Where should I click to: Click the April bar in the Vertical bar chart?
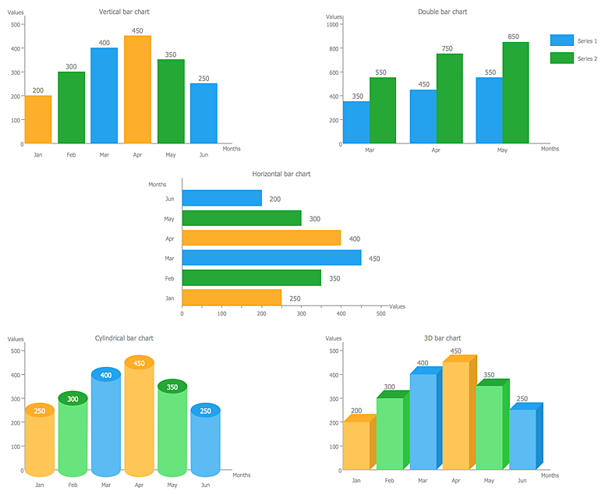[x=137, y=90]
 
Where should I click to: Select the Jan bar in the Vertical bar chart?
[x=38, y=120]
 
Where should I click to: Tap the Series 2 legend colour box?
[x=561, y=58]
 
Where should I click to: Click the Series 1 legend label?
[x=587, y=41]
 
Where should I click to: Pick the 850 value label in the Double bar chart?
[x=513, y=36]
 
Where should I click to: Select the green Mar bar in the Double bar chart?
[x=382, y=111]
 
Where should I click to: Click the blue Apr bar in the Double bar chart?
[x=423, y=117]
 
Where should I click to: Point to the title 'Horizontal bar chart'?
[x=281, y=174]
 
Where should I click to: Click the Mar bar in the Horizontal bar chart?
[x=271, y=258]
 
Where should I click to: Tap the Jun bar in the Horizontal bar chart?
[x=221, y=198]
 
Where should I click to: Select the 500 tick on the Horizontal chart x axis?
[x=381, y=314]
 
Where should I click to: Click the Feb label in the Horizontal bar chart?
[x=169, y=278]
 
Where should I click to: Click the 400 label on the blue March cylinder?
[x=106, y=376]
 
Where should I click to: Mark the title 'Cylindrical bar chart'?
[x=124, y=338]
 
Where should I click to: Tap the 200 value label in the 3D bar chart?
[x=356, y=411]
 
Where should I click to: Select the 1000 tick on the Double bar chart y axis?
[x=333, y=25]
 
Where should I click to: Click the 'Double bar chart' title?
[x=442, y=12]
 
